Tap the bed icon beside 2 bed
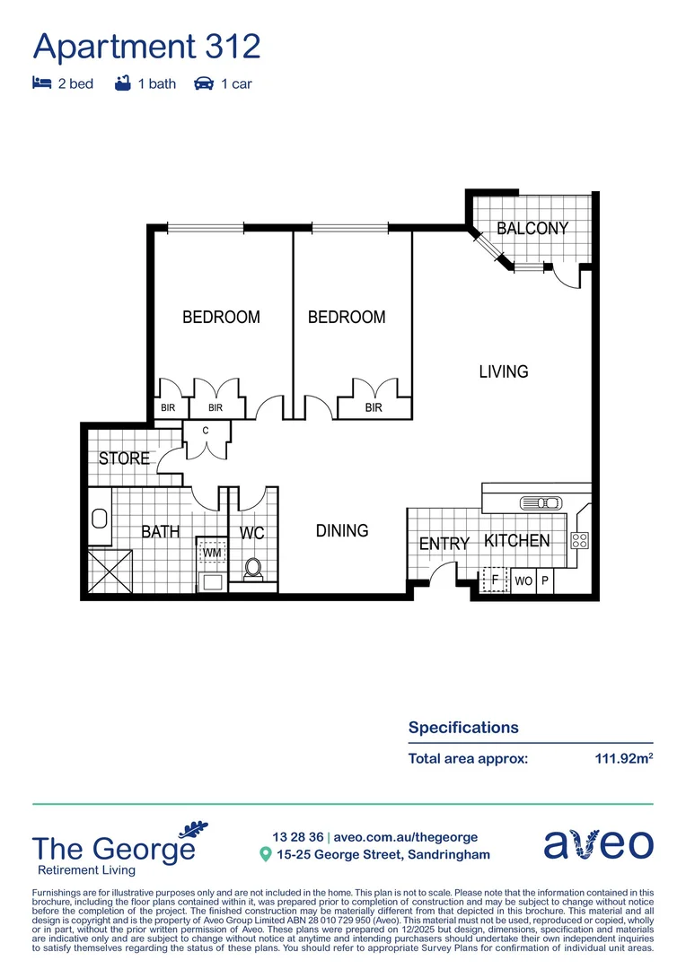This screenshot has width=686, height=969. coord(41,83)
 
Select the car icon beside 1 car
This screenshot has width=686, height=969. coord(204,83)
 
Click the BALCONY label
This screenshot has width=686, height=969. coord(532,228)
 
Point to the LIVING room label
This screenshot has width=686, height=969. coord(503,371)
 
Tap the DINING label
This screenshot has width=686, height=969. coord(342,530)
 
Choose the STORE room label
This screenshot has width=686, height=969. coord(124,458)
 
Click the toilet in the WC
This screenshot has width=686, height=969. coord(253,569)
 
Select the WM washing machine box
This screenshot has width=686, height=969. coord(212,553)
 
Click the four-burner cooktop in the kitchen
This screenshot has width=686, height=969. coord(579,540)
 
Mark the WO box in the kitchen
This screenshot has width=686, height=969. coord(523,581)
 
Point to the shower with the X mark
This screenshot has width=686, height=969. coord(109,570)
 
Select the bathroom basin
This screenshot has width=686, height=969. coord(99,519)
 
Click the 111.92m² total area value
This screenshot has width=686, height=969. coord(623,758)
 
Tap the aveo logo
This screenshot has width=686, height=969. coord(598,845)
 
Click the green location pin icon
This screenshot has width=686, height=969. coord(265,855)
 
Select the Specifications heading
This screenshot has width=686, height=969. coord(463,728)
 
